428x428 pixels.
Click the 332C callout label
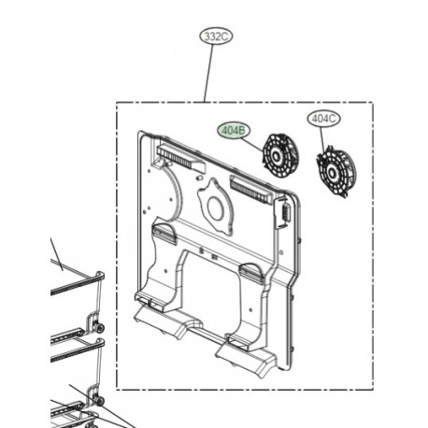coord(216,36)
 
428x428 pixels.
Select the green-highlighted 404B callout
coord(234,131)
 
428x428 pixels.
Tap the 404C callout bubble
coord(323,119)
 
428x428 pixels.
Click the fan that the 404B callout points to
coord(280,156)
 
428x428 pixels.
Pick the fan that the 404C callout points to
coord(335,174)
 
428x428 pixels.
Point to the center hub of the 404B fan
coord(276,155)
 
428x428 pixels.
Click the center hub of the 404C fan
coord(330,172)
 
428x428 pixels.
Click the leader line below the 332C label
coord(209,74)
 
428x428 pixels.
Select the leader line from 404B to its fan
coord(252,145)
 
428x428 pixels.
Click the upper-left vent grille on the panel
coord(180,159)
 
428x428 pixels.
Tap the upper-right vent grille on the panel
coord(251,189)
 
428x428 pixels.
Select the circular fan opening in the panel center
coord(216,206)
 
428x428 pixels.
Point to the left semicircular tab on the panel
coord(164,234)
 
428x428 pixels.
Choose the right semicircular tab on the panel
coord(251,271)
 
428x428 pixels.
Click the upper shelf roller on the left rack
coord(100,328)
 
